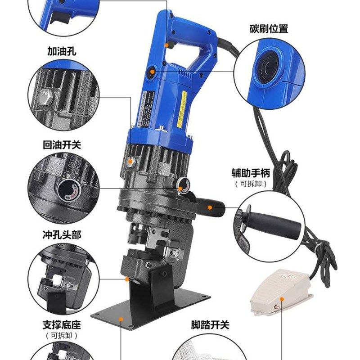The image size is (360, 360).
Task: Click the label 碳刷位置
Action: point(268,29)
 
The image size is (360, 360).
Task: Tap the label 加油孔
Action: point(62,51)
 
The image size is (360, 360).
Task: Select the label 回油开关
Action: point(62,146)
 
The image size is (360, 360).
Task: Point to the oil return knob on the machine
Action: point(182,184)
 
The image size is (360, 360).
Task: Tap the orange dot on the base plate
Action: point(121,318)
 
